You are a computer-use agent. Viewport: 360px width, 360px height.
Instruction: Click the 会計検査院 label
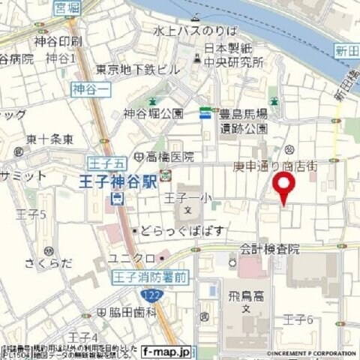270,248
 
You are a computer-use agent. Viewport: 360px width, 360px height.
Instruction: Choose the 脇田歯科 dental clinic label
130,311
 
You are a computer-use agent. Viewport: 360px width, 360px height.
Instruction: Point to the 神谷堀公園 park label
153,113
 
